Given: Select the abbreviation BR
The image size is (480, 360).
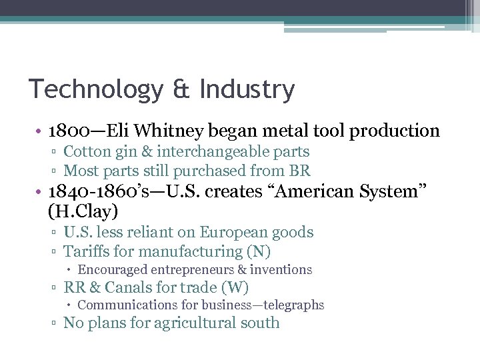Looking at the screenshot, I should pyautogui.click(x=301, y=171).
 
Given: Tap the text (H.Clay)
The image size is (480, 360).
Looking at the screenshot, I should pyautogui.click(x=83, y=212).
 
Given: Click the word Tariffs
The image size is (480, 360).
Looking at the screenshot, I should pyautogui.click(x=84, y=251).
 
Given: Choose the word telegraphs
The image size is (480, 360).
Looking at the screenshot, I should pyautogui.click(x=292, y=305).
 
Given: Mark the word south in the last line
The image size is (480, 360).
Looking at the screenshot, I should pyautogui.click(x=263, y=323).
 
